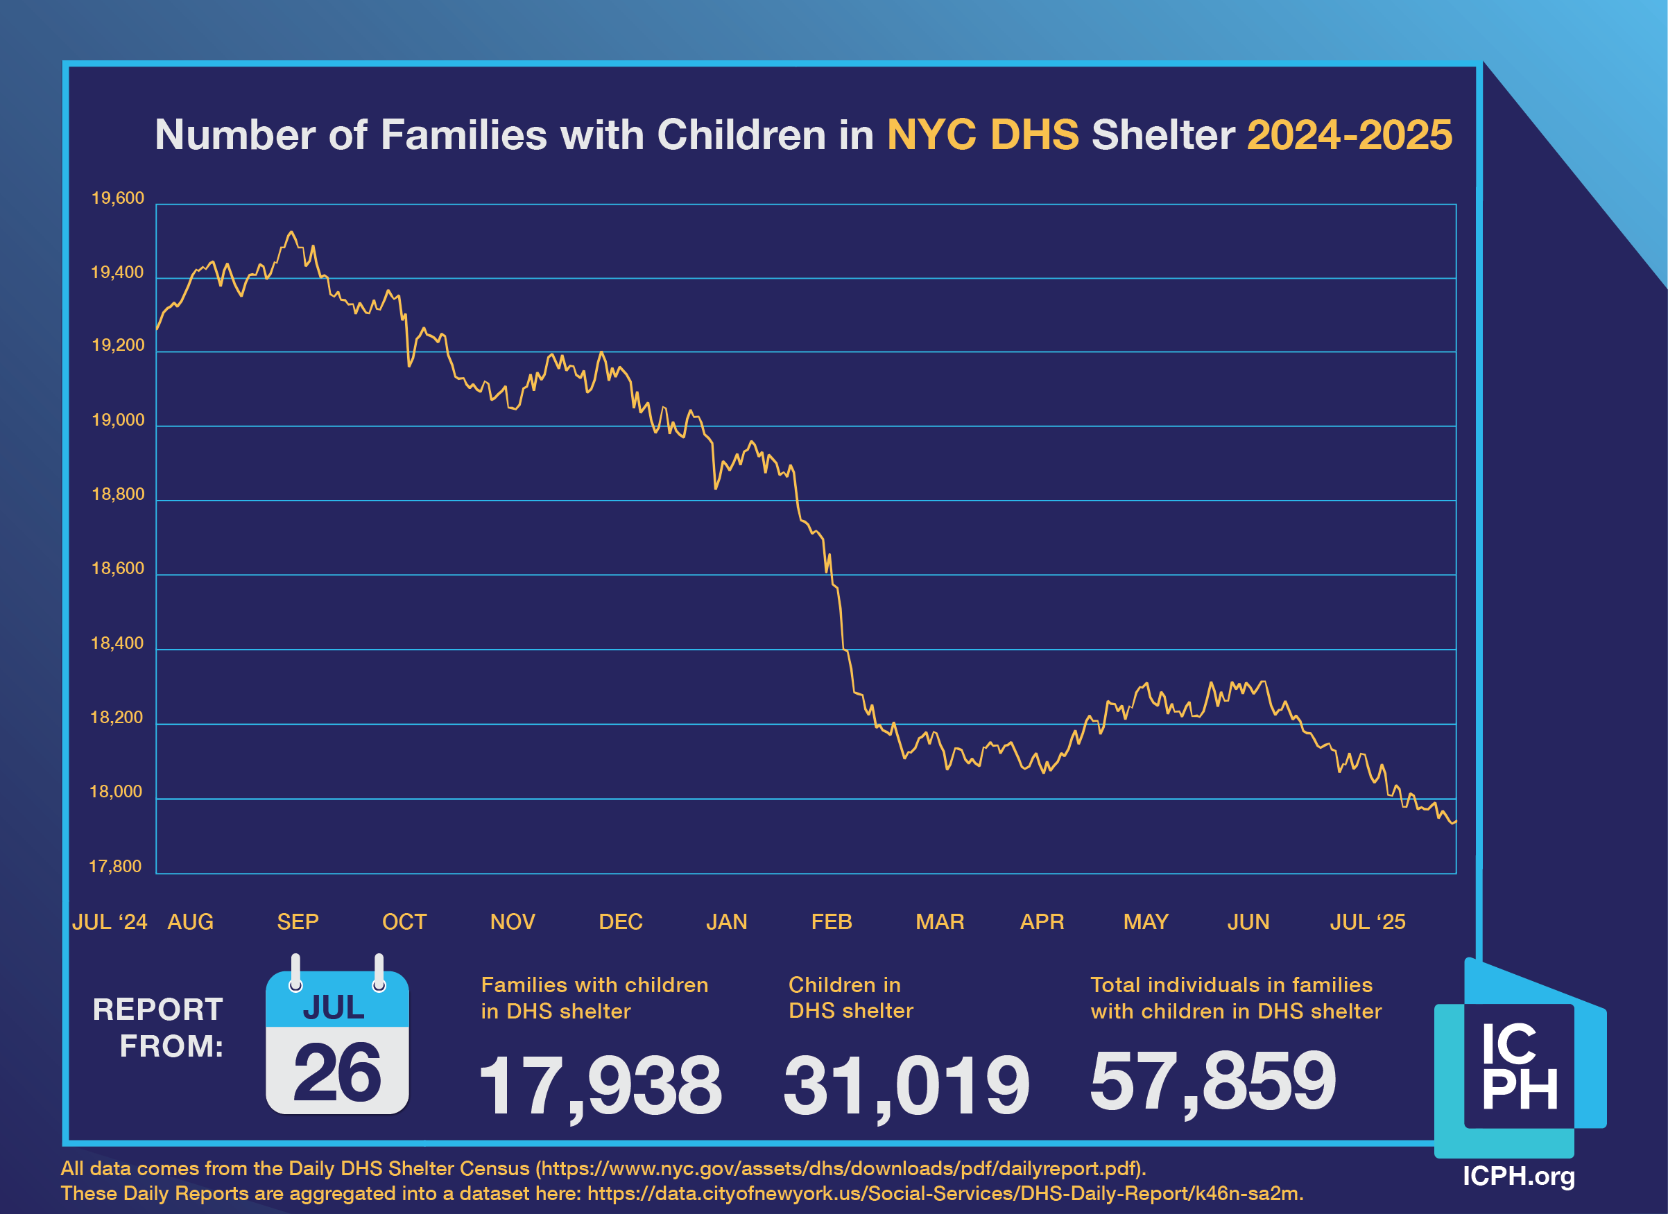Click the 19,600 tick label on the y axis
pyautogui.click(x=117, y=198)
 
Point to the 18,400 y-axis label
pyautogui.click(x=117, y=643)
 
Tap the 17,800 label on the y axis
pyautogui.click(x=115, y=866)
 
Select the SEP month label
pyautogui.click(x=298, y=921)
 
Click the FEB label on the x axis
pyautogui.click(x=831, y=921)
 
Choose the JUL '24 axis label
pyautogui.click(x=110, y=921)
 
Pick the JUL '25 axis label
pyautogui.click(x=1367, y=921)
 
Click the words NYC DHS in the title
pyautogui.click(x=983, y=135)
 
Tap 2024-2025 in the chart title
pyautogui.click(x=1350, y=135)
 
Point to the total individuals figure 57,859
pyautogui.click(x=1213, y=1081)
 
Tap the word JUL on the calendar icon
pyautogui.click(x=334, y=1007)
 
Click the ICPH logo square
pyautogui.click(x=1520, y=1066)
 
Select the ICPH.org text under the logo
pyautogui.click(x=1519, y=1175)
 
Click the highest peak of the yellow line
pyautogui.click(x=291, y=232)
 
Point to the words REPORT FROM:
pyautogui.click(x=158, y=1028)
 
